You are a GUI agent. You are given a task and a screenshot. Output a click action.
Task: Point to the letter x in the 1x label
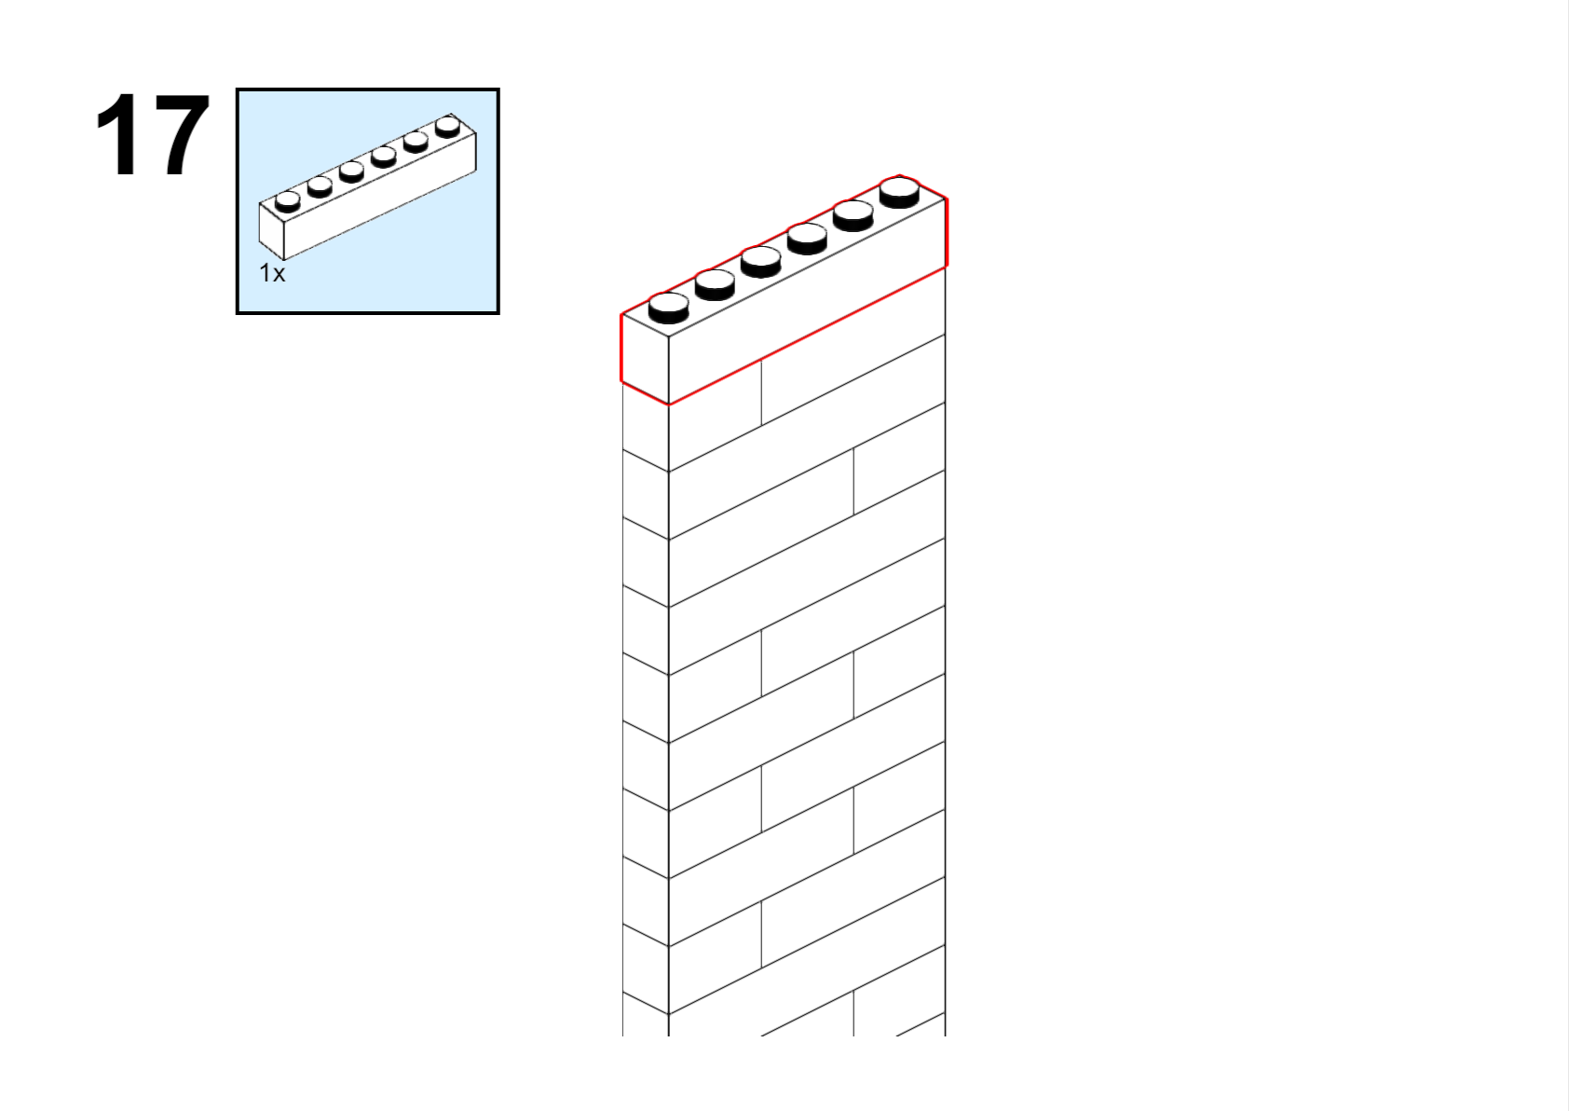[x=278, y=275]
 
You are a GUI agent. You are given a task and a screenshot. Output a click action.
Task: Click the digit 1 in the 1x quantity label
[x=265, y=272]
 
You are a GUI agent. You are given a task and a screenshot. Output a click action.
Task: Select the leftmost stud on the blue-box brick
[x=287, y=201]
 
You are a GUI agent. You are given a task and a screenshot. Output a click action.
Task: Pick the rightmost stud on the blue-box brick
[x=447, y=127]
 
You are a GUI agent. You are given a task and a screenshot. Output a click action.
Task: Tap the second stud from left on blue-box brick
[x=320, y=186]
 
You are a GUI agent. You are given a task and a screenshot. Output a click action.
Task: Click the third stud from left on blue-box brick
[x=351, y=171]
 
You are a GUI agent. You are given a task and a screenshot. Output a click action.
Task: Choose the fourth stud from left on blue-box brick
[x=384, y=157]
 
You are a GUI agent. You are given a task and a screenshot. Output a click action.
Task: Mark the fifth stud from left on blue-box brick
[x=416, y=142]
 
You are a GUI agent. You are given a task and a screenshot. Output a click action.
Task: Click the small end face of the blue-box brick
[x=272, y=231]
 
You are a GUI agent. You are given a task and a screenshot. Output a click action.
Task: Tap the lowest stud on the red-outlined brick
[x=669, y=309]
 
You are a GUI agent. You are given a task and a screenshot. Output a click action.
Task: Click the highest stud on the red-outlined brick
[x=899, y=193]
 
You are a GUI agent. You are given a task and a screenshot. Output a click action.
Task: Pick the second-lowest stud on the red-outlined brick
[x=716, y=285]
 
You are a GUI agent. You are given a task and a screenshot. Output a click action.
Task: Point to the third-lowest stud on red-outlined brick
[x=761, y=262]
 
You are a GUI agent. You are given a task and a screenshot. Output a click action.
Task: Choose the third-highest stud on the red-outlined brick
[x=807, y=239]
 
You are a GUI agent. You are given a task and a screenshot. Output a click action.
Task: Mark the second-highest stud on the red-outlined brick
[x=853, y=215]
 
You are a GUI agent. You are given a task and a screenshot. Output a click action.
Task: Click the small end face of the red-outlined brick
[x=645, y=360]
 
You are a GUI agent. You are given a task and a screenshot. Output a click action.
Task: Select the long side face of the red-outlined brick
[x=807, y=301]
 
